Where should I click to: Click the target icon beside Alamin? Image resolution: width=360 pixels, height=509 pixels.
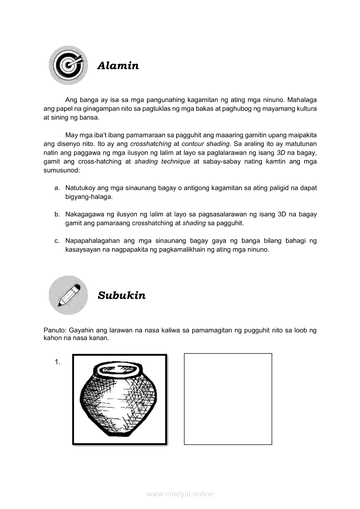coord(68,65)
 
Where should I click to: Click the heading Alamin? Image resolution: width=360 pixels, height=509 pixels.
coord(118,66)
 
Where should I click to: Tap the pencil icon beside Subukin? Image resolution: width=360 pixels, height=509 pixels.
coord(68,295)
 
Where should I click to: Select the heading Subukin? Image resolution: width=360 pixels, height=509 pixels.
coord(122,296)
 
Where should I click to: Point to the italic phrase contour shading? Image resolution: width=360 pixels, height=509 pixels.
coord(206,144)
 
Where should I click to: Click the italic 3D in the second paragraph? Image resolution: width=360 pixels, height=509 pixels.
coord(281,153)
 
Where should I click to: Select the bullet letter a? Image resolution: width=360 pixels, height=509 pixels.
coord(57,188)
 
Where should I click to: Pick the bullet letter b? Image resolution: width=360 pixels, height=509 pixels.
coord(57,214)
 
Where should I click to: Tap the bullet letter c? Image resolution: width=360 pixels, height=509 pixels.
coord(57,241)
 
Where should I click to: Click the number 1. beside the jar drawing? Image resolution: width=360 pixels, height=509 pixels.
coord(58,362)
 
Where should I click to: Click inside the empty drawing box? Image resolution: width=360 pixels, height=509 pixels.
coord(228,399)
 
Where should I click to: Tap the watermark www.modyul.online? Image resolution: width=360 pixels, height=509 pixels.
coord(180,494)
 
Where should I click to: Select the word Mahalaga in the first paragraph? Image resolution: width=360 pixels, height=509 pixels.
coord(302,99)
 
